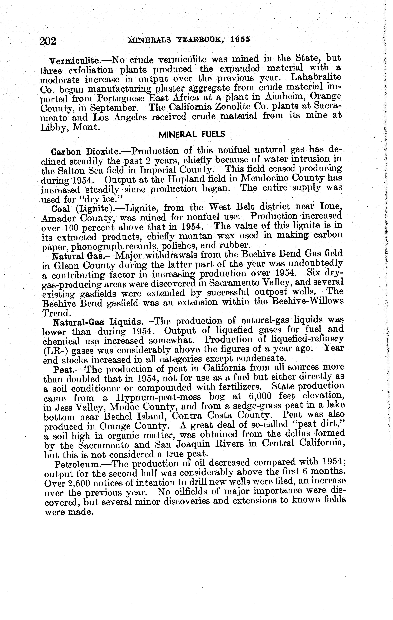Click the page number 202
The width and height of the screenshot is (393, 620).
(48, 41)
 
